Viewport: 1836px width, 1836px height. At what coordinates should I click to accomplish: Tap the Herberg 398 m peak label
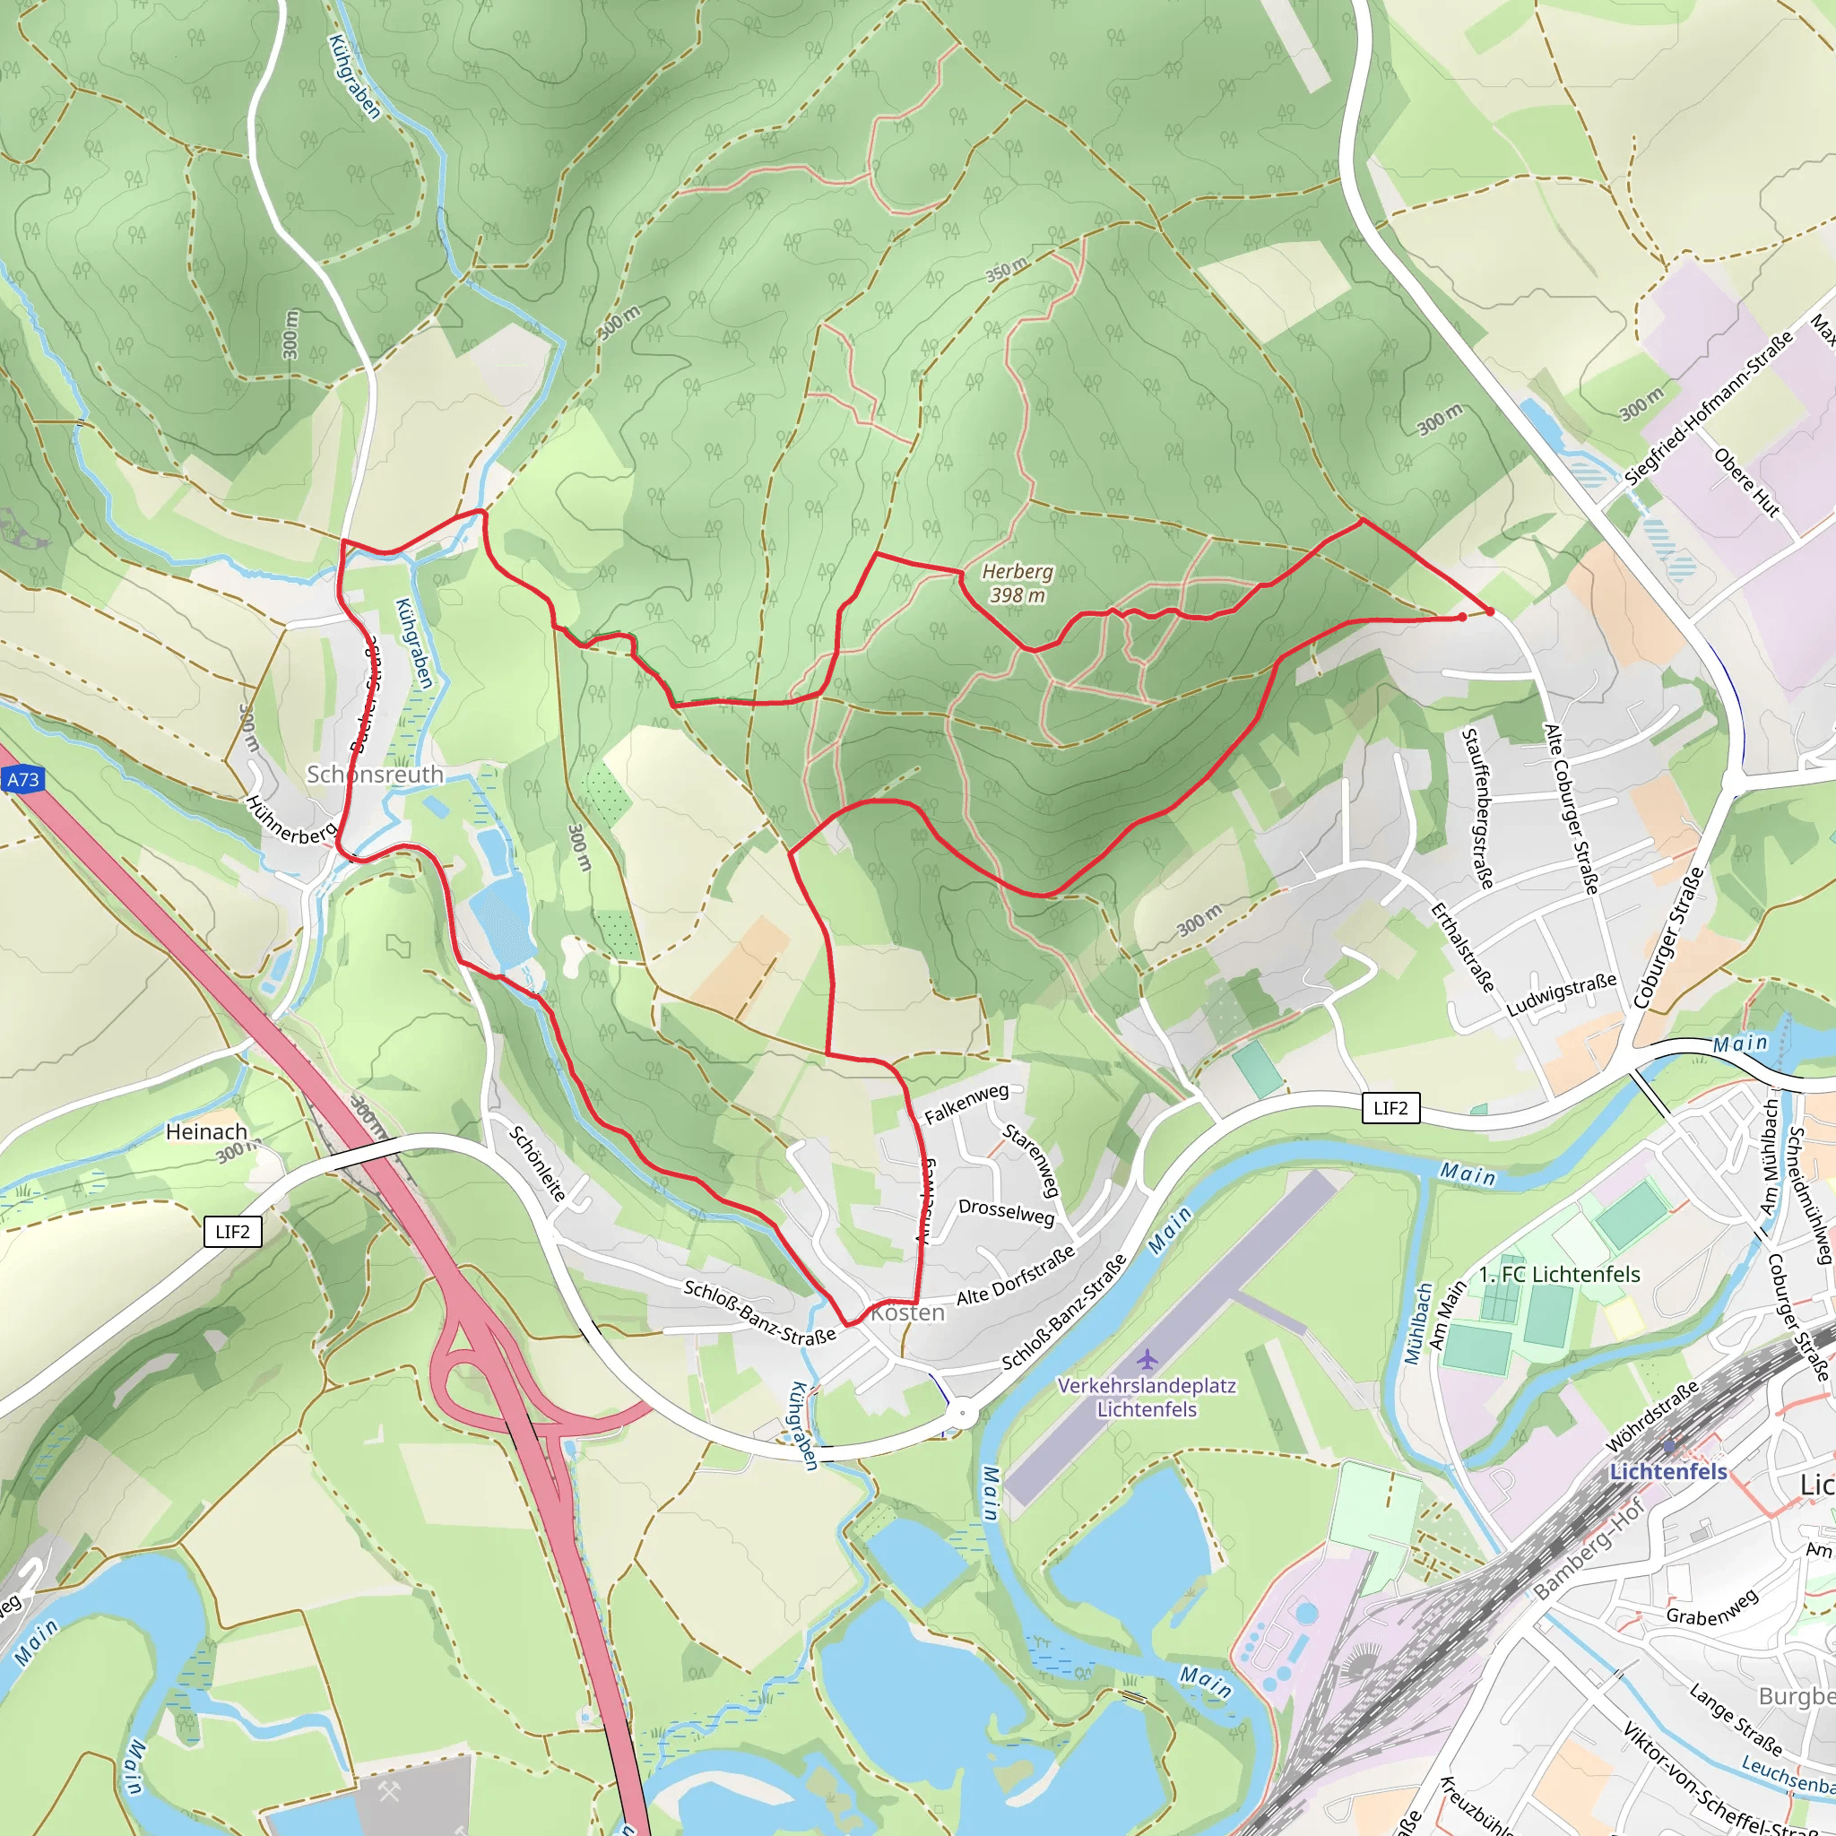1017,583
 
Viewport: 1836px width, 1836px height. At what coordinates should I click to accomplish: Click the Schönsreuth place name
375,775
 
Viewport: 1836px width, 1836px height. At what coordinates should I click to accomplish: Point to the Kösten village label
908,1312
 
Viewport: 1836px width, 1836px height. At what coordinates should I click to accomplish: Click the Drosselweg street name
1007,1212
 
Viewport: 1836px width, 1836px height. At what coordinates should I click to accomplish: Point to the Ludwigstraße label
1562,994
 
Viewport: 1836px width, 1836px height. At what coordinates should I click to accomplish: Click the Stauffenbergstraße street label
1477,808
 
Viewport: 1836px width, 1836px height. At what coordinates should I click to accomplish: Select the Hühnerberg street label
290,819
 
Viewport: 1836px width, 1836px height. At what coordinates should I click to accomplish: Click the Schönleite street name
538,1162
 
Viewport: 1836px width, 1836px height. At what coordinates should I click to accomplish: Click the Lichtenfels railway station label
1667,1471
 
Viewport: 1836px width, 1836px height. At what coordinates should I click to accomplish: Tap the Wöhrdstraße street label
1652,1417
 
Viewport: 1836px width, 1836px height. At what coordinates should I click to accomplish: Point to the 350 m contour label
1006,269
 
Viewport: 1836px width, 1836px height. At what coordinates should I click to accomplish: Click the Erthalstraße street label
1462,947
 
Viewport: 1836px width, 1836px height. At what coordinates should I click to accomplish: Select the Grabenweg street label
1711,1606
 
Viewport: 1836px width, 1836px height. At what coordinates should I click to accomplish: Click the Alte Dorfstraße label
1016,1276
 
